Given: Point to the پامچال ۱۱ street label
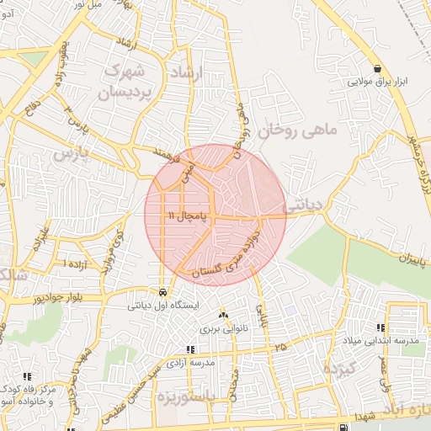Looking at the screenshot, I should coord(184,216).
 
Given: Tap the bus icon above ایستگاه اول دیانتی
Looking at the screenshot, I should coord(162,294).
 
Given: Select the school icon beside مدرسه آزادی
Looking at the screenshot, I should coord(191,349).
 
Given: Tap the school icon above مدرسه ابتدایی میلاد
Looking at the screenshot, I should coord(380,328).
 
